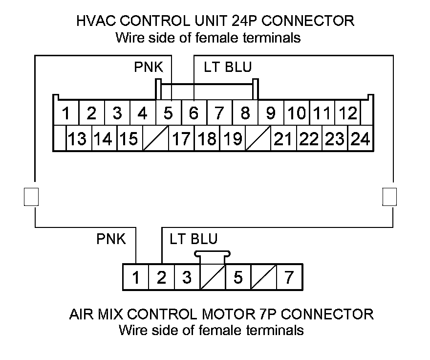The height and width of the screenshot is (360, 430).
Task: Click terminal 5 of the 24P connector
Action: (168, 113)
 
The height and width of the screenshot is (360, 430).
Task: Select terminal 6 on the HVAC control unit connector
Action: (193, 113)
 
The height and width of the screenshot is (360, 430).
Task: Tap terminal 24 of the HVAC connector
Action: (360, 139)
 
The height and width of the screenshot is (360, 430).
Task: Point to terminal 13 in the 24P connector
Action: (78, 139)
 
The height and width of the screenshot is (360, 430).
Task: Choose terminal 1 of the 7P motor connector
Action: (136, 277)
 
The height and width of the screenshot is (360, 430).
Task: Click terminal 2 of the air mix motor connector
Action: (161, 277)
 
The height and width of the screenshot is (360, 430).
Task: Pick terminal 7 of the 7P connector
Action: (289, 277)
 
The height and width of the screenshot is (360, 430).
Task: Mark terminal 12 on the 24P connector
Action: (347, 113)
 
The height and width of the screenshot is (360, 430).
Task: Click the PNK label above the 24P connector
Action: (149, 67)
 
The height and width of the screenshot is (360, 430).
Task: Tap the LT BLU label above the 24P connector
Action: (228, 67)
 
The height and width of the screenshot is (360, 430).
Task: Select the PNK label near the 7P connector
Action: (111, 239)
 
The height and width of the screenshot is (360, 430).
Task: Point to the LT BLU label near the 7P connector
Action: (193, 239)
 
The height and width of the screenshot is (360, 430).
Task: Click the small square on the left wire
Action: (31, 196)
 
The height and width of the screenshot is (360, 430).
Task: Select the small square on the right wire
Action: (389, 196)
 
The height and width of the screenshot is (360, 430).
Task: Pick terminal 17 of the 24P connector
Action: (181, 139)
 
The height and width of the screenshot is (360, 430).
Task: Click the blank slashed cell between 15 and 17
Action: (156, 139)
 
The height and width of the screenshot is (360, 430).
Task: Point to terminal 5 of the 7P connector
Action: (238, 277)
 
